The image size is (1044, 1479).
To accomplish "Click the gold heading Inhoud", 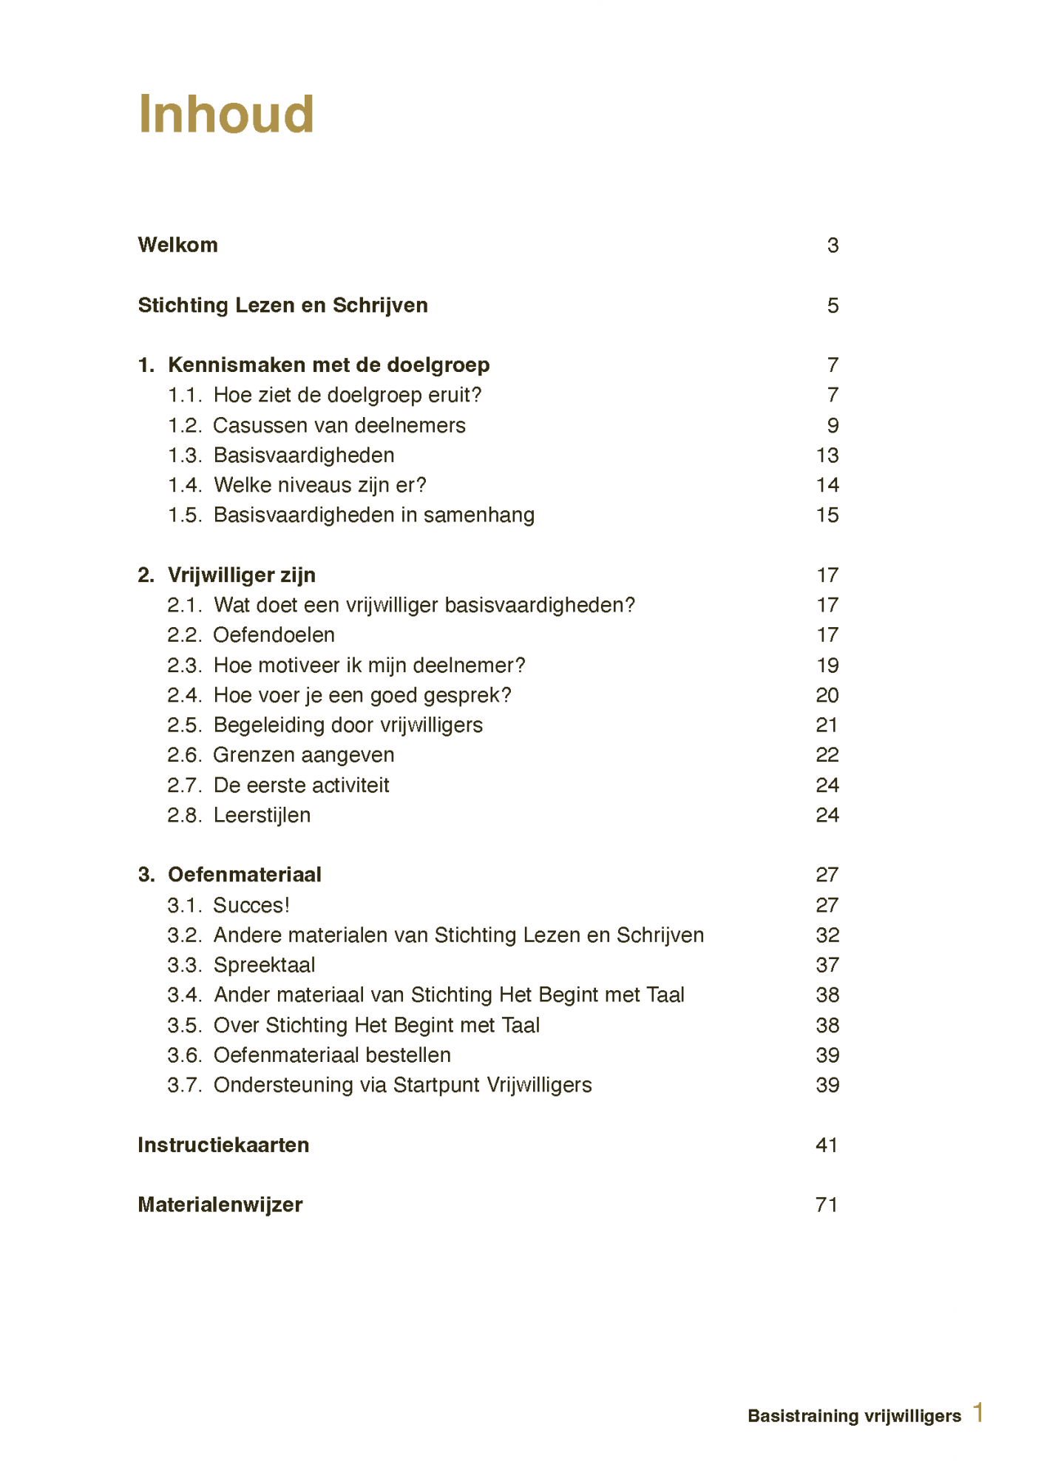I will pyautogui.click(x=226, y=115).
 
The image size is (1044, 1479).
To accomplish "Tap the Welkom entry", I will pyautogui.click(x=177, y=245).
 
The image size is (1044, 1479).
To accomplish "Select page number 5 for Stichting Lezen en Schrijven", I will pyautogui.click(x=833, y=305).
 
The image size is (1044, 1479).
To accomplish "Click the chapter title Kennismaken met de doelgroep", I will pyautogui.click(x=328, y=365).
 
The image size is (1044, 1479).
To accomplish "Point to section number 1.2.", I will pyautogui.click(x=185, y=425).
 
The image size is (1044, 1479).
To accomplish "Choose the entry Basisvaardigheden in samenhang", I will pyautogui.click(x=373, y=515).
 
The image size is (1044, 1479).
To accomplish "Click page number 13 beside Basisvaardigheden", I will pyautogui.click(x=827, y=456).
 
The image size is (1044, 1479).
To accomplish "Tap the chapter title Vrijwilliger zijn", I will pyautogui.click(x=242, y=575).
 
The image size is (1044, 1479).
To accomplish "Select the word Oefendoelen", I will pyautogui.click(x=274, y=634).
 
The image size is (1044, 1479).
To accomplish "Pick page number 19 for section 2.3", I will pyautogui.click(x=827, y=665).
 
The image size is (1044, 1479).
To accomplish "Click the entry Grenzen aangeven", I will pyautogui.click(x=303, y=754).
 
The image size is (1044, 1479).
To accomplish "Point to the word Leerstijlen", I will pyautogui.click(x=262, y=815).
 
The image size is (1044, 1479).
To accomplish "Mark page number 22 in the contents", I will pyautogui.click(x=827, y=754).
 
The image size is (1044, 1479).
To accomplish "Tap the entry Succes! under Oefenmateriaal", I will pyautogui.click(x=251, y=905).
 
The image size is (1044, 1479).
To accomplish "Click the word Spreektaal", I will pyautogui.click(x=264, y=965).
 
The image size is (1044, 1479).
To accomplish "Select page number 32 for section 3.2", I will pyautogui.click(x=827, y=935).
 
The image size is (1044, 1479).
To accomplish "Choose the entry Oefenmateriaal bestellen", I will pyautogui.click(x=332, y=1055).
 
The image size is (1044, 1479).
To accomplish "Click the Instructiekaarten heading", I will pyautogui.click(x=223, y=1145).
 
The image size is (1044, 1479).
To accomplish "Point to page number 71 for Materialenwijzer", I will pyautogui.click(x=827, y=1205).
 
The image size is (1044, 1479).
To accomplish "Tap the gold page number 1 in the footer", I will pyautogui.click(x=978, y=1412).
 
